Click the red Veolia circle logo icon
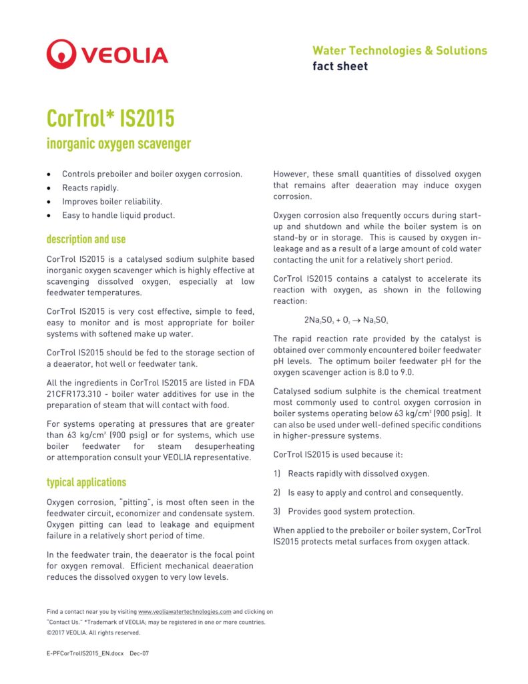tap(61, 54)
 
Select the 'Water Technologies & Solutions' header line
tap(399, 51)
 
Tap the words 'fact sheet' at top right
tap(340, 66)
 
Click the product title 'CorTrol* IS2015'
tap(110, 118)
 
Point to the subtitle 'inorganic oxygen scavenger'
tap(118, 144)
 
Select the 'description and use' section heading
tap(85, 239)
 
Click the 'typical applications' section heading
tap(86, 482)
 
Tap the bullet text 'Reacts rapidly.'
tap(90, 188)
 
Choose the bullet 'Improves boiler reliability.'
tap(112, 201)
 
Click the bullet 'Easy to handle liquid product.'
tap(118, 215)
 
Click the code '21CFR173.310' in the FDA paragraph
tap(75, 395)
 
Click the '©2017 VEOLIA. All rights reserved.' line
tap(93, 633)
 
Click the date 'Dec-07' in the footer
tap(139, 653)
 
